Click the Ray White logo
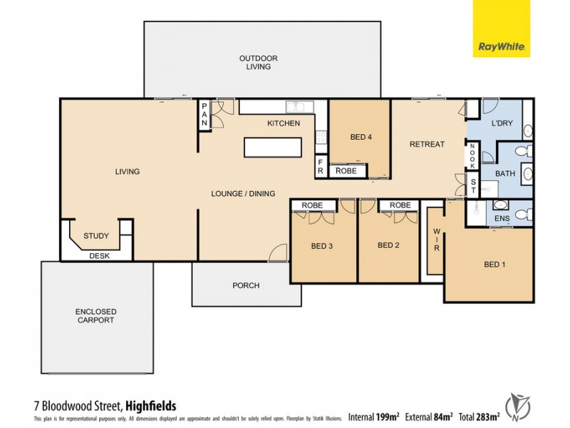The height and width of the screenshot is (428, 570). [x=502, y=29]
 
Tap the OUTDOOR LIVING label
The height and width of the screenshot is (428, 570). [x=258, y=62]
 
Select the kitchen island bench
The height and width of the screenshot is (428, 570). [x=274, y=147]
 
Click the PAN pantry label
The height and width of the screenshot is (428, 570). [x=204, y=115]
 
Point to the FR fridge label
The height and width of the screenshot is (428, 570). [x=321, y=166]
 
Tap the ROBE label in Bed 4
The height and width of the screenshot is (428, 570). [x=346, y=171]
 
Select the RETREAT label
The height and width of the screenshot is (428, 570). [x=427, y=144]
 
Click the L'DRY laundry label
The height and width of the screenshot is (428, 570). [x=502, y=123]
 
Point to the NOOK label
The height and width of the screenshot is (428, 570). [x=472, y=154]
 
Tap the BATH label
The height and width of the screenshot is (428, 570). [x=505, y=173]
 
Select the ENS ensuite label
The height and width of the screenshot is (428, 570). [x=502, y=217]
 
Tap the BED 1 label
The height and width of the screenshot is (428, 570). [x=494, y=265]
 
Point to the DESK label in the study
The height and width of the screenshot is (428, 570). [x=99, y=256]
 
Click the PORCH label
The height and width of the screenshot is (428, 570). [x=246, y=286]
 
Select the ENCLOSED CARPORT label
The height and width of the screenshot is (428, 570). [x=96, y=316]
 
